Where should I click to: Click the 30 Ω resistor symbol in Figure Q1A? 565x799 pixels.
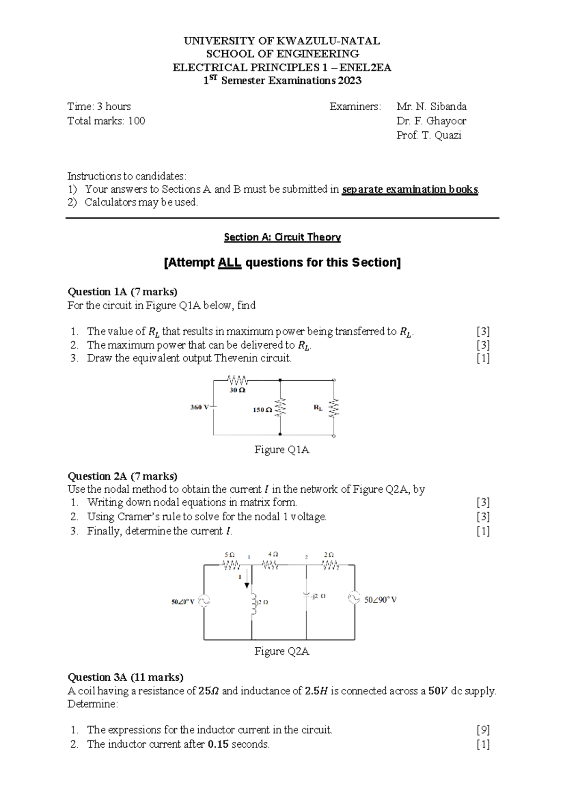click(x=238, y=380)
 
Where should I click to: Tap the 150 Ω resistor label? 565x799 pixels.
click(x=262, y=410)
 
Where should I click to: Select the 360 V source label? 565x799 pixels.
click(x=199, y=407)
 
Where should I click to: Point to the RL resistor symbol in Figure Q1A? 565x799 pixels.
click(x=334, y=408)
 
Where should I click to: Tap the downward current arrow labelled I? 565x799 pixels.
click(x=247, y=582)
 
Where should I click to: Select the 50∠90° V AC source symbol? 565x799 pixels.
click(x=354, y=598)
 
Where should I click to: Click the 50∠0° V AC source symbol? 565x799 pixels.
click(x=204, y=601)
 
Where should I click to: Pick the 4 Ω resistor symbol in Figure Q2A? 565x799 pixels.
click(x=270, y=564)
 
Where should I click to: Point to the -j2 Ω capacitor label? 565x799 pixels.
click(x=318, y=596)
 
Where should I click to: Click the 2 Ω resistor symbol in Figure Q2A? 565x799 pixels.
click(x=331, y=564)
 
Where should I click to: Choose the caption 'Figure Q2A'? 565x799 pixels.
click(x=282, y=651)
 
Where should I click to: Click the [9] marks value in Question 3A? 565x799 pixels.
click(x=483, y=730)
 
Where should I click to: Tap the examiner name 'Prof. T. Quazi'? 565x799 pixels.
click(x=428, y=135)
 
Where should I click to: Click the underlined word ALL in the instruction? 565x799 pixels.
click(x=230, y=262)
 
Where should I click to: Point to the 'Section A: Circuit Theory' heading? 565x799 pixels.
click(x=282, y=237)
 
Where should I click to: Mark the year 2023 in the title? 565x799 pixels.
click(x=349, y=81)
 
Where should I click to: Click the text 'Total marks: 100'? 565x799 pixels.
click(x=106, y=121)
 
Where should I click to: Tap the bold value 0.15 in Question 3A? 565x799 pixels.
click(x=218, y=744)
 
